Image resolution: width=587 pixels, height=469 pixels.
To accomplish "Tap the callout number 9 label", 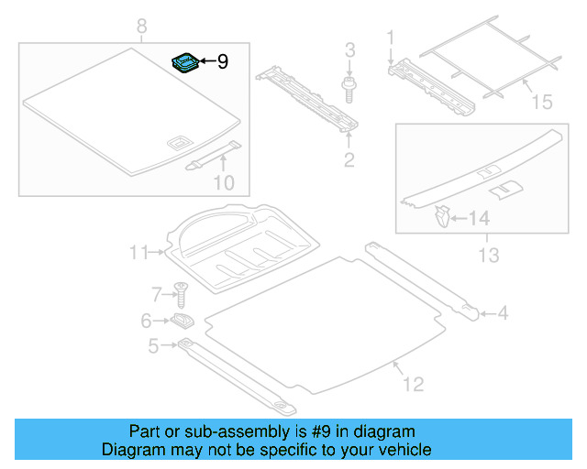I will coord(222,62).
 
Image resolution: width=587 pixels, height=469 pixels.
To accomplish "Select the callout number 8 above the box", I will coord(141,28).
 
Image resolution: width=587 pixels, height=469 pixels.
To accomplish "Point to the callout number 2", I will coord(349,162).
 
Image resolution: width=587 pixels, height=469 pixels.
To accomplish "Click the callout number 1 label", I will coord(389,38).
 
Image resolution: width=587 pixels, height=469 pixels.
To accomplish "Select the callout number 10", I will coord(223,182).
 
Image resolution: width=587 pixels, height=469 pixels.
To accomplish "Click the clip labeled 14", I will coord(442,217).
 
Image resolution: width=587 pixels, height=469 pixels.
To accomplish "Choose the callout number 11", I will coord(138,252).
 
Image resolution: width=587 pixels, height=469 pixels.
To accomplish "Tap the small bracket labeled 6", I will coord(181,321).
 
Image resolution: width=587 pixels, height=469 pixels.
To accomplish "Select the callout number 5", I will coord(153,344).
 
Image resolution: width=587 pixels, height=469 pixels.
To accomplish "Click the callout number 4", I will coord(502,315).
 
